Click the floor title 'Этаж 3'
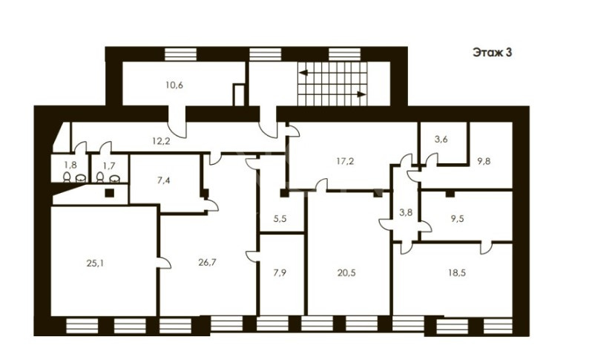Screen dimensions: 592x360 (492, 53)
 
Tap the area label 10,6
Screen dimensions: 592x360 (174, 85)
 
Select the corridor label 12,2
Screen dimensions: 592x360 (161, 141)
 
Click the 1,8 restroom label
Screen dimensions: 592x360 (70, 165)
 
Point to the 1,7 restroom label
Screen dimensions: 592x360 (109, 165)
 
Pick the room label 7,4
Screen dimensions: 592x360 (163, 180)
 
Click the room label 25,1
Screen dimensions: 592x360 (95, 264)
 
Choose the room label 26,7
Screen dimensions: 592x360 (207, 262)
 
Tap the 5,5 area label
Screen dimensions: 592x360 (280, 218)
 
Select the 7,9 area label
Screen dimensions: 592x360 (280, 272)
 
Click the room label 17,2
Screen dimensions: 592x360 (345, 161)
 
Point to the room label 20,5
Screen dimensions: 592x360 (346, 272)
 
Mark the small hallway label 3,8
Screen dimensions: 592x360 (406, 212)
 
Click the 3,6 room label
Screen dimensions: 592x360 (441, 140)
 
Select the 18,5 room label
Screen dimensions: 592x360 (456, 272)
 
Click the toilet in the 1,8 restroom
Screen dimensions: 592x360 (67, 177)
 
